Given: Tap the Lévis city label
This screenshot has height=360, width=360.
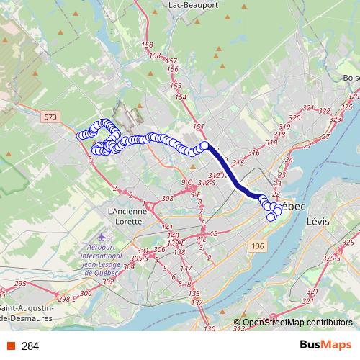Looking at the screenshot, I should point(318,222).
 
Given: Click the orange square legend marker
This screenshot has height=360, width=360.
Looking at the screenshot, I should point(10,346).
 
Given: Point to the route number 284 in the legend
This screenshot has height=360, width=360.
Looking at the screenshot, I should point(30,346).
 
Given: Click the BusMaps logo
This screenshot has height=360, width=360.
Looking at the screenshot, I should point(326,346).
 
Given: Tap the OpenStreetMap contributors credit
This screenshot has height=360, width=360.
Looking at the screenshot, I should point(297,323).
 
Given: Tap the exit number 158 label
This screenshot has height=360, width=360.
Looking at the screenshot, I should point(148,45).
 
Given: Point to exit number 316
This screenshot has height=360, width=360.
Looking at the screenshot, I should point(253,153).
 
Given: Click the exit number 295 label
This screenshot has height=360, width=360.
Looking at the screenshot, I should point(19,284).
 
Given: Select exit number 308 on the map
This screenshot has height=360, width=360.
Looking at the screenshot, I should point(168,197).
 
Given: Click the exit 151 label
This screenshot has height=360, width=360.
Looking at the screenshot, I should point(199,127).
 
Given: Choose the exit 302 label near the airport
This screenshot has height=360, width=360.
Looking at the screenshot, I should point(108,282).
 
